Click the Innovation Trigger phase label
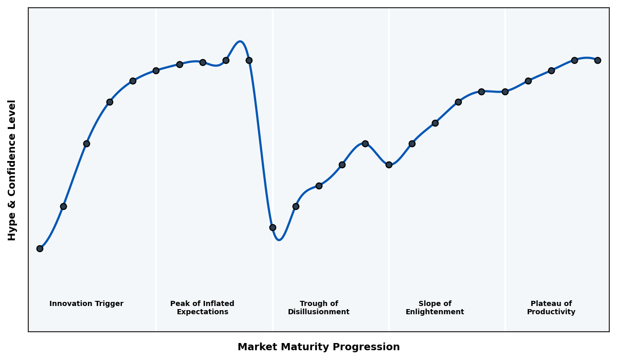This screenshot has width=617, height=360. pos(86,304)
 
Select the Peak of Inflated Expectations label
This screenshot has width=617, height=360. pos(202,308)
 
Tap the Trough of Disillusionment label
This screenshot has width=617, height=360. pos(319,308)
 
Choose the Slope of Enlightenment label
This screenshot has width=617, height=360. pos(435,308)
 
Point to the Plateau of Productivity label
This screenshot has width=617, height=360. pos(551,308)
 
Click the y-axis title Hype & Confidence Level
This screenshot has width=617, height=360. pos(12,170)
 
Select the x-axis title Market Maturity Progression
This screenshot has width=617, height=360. pos(319,347)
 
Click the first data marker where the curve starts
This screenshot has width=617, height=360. pos(40,248)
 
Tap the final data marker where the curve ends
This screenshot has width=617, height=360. pos(597,60)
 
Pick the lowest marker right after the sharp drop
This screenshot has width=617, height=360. pos(273,227)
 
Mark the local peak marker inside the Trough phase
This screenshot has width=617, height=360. pos(365,143)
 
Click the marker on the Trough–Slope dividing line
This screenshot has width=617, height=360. pos(389,165)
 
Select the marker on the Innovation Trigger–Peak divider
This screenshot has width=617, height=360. pos(156,70)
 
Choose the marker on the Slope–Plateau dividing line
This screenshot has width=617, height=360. pos(505,92)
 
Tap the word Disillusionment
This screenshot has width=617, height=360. pos(319,312)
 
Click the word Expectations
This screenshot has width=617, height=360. pos(202,312)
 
